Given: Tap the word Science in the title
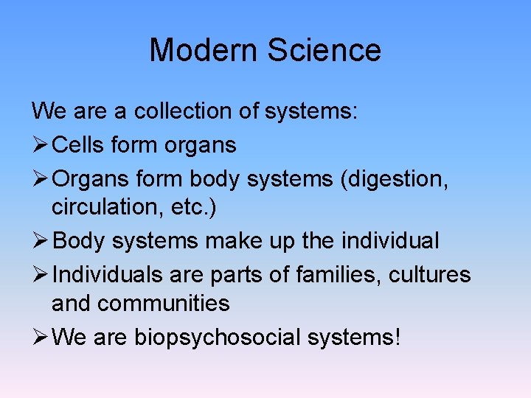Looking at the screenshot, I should point(324,50).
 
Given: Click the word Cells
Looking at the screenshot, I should point(80,145).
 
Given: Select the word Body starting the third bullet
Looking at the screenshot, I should point(80,241).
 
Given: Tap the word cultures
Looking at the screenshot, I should point(431,275).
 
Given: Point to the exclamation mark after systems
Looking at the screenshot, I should point(398,337).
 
